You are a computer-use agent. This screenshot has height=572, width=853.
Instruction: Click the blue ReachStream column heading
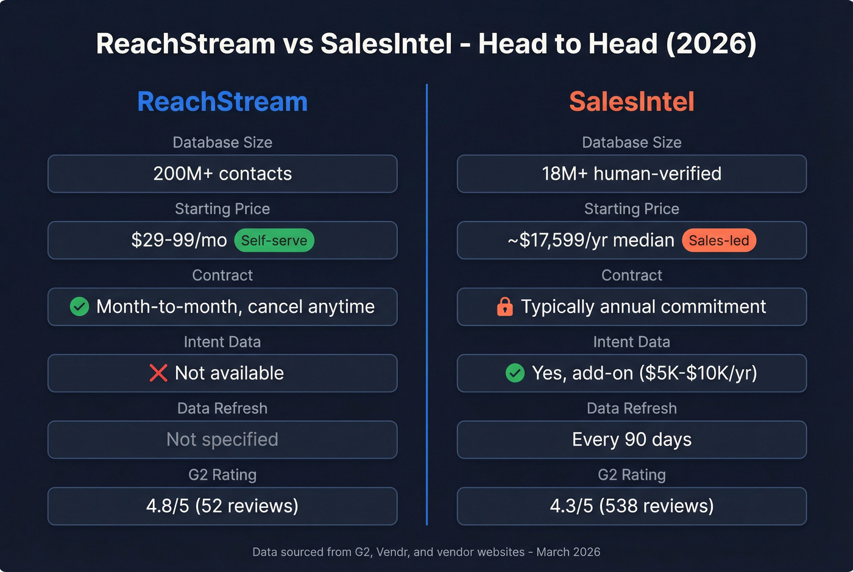click(222, 102)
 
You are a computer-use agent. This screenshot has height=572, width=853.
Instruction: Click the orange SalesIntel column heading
click(631, 102)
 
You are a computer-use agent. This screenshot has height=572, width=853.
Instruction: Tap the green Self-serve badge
click(274, 241)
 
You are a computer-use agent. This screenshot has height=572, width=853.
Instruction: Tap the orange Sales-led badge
click(719, 241)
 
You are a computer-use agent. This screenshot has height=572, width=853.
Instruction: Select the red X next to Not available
click(158, 373)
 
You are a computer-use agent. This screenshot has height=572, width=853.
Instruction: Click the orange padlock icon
click(505, 306)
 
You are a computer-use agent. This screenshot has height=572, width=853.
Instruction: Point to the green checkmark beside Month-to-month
click(79, 306)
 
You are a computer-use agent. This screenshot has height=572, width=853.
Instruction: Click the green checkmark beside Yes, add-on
click(515, 373)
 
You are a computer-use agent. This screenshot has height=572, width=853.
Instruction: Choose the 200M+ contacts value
click(222, 174)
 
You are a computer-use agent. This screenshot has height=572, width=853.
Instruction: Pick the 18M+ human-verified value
click(631, 174)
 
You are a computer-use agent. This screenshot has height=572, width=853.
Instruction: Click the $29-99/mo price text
click(179, 240)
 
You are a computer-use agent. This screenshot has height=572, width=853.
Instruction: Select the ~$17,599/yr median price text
click(590, 240)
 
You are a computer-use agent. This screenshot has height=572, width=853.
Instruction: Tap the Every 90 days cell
click(631, 439)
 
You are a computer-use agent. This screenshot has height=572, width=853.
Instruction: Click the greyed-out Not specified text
click(222, 439)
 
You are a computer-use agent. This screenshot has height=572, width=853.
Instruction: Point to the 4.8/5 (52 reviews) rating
click(222, 506)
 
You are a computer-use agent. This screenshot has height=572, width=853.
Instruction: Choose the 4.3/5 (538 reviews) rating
click(631, 506)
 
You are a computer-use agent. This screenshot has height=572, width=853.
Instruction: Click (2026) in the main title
click(711, 44)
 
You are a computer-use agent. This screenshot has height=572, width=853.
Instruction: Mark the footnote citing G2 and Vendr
click(426, 552)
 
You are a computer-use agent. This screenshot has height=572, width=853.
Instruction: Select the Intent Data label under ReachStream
click(222, 342)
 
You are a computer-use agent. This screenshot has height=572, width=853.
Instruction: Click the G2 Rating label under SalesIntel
click(631, 475)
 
